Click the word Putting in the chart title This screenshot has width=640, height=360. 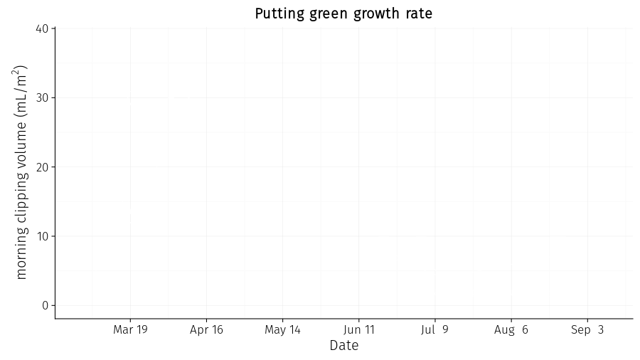pyautogui.click(x=279, y=14)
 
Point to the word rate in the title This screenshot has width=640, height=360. pyautogui.click(x=419, y=14)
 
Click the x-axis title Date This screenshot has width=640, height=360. pyautogui.click(x=344, y=345)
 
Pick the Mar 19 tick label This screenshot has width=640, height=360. pyautogui.click(x=130, y=329)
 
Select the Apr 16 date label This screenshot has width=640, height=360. pyautogui.click(x=206, y=330)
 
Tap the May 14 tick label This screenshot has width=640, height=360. pyautogui.click(x=282, y=330)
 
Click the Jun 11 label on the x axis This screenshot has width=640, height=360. pyautogui.click(x=359, y=329)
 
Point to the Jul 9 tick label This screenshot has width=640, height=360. pyautogui.click(x=434, y=329)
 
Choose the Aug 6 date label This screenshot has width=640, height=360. pyautogui.click(x=511, y=330)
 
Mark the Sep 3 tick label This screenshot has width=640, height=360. pyautogui.click(x=587, y=330)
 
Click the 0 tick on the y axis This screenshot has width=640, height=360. pyautogui.click(x=45, y=305)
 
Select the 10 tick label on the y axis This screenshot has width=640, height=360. pyautogui.click(x=43, y=236)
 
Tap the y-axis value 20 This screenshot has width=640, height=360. pyautogui.click(x=43, y=167)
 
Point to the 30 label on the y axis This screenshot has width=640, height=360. pyautogui.click(x=43, y=97)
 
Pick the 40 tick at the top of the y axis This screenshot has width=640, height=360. pyautogui.click(x=43, y=28)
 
